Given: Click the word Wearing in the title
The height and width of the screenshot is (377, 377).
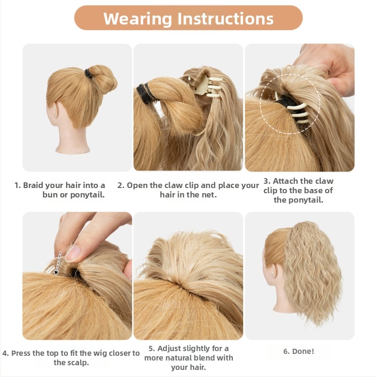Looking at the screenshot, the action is pos(138,18).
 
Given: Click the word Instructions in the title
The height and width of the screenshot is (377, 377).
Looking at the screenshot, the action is pos(226,18).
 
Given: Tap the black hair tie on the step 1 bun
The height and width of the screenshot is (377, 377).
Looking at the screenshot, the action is pos(88,74).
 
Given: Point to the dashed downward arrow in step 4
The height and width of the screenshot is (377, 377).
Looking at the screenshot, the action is pos(58,263).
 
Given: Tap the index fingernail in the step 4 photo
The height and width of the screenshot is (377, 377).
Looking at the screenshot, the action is pos(72,254).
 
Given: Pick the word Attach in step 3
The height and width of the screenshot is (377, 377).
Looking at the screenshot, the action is pos(285,181).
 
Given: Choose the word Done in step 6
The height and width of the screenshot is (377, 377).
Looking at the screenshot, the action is pos(303,351).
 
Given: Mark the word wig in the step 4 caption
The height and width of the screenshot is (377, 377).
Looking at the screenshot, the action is pos(100,353).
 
